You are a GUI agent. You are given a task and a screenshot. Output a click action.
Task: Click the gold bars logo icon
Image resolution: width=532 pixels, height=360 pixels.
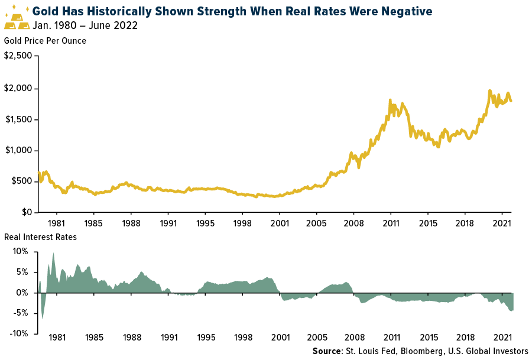tap(17, 18)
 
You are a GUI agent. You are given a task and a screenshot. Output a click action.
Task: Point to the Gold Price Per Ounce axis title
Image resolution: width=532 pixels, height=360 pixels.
tap(45, 41)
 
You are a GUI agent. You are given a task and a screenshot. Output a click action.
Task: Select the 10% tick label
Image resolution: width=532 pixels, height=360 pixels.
tap(21, 252)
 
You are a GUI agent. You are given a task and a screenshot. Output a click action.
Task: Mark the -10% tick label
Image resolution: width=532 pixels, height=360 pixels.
tap(20, 333)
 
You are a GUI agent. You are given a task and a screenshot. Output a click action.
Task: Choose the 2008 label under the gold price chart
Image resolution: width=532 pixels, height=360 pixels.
tap(353, 224)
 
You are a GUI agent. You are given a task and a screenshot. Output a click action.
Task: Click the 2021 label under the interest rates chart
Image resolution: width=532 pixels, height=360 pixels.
tap(502, 339)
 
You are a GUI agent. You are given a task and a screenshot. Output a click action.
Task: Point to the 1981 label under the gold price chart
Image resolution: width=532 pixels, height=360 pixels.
tap(57, 224)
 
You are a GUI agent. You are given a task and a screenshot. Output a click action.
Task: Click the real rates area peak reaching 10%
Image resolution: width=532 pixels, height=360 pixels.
tap(53, 253)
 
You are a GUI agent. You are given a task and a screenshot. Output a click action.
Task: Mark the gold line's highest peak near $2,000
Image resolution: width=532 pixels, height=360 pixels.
tap(489, 91)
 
